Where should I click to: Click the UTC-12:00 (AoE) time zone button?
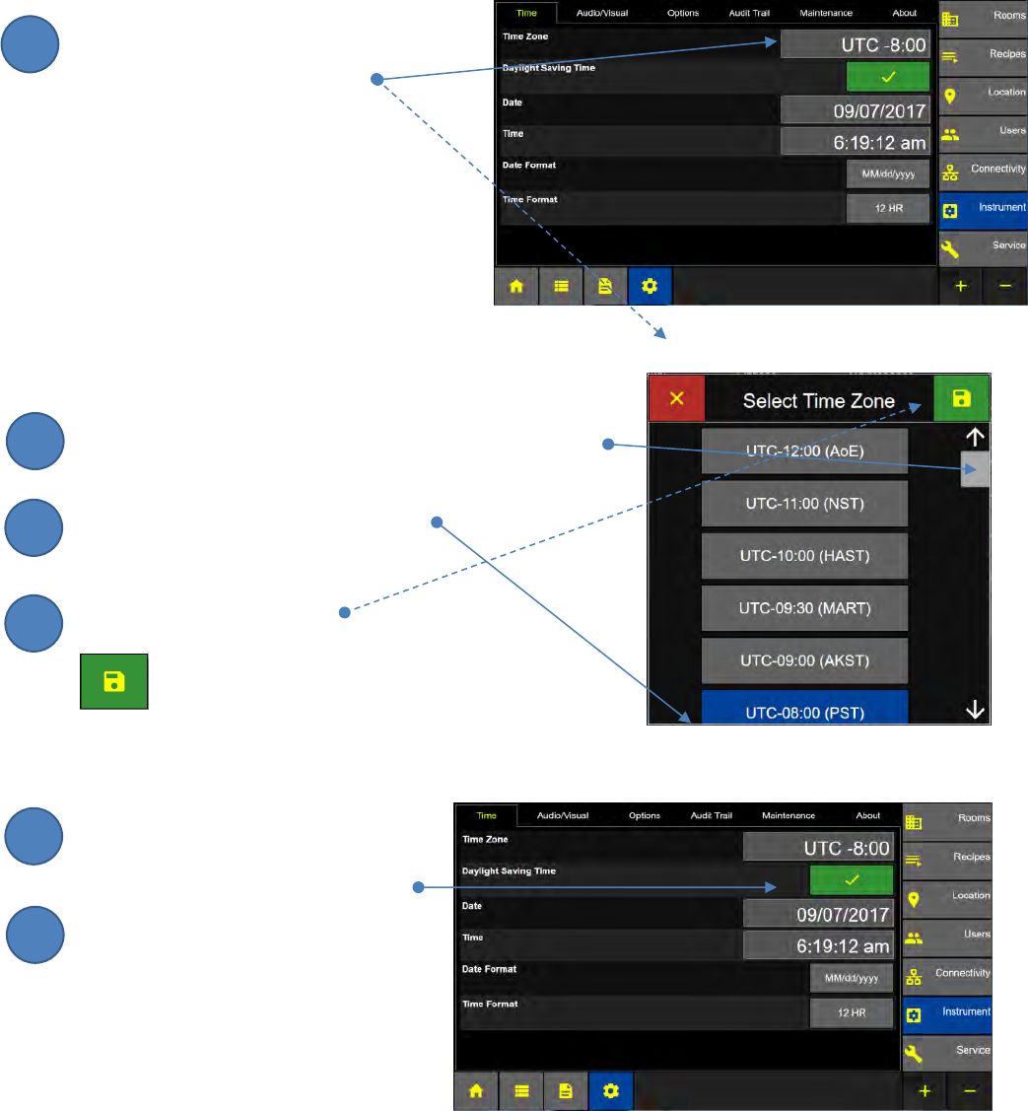tap(803, 451)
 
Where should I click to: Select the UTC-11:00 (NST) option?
tap(803, 505)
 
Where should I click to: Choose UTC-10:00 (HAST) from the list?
tap(803, 556)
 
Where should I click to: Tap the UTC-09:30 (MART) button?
tap(803, 608)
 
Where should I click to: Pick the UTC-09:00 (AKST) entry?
tap(803, 660)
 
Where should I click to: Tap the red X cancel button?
tap(676, 399)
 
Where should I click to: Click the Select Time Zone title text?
tap(818, 401)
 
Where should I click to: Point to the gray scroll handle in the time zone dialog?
tap(975, 470)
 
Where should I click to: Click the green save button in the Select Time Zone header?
tap(961, 399)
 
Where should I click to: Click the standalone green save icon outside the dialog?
tap(113, 680)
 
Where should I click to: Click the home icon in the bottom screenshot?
tap(477, 1090)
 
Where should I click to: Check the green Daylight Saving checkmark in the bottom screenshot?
tap(852, 879)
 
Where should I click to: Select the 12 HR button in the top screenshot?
tap(887, 208)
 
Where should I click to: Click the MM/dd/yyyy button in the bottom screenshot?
tap(852, 977)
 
